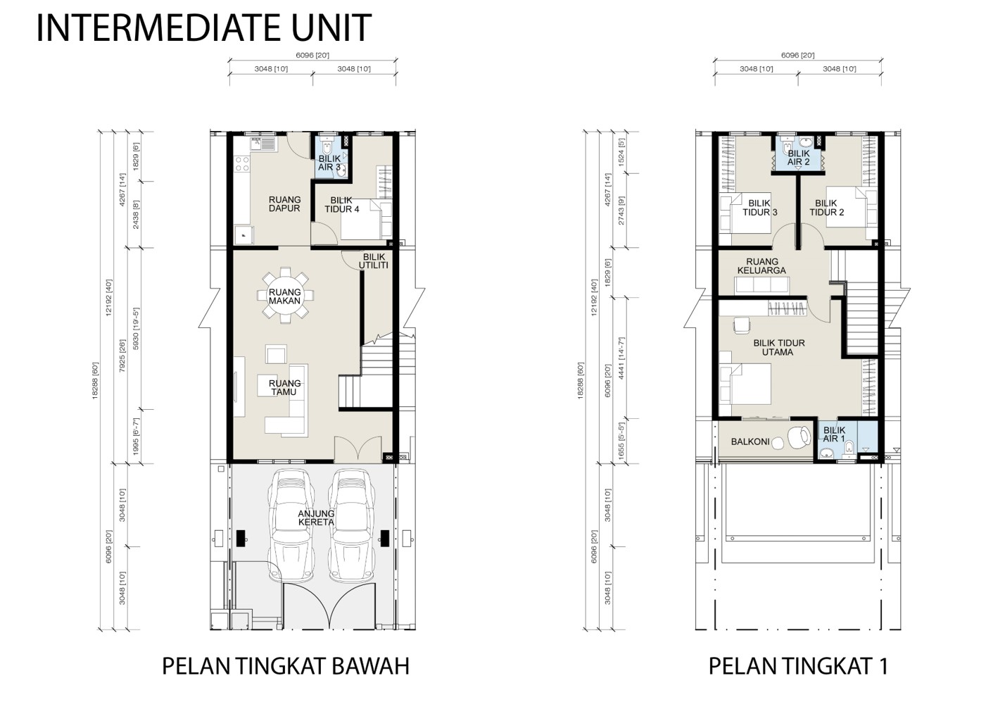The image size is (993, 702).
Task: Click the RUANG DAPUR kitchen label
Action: (x=284, y=204)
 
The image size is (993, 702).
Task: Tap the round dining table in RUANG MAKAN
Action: (x=285, y=296)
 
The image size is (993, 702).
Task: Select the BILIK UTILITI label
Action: (x=374, y=261)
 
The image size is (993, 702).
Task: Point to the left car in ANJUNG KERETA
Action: (x=292, y=523)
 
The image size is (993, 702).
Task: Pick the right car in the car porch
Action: (x=352, y=523)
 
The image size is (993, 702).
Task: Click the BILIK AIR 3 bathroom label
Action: (x=329, y=163)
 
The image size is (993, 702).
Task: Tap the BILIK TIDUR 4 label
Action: (x=341, y=205)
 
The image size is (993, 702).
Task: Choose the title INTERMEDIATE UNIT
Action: (x=203, y=28)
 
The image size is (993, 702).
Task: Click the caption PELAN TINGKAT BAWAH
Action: (x=286, y=666)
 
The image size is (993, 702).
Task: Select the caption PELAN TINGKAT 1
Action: (x=798, y=666)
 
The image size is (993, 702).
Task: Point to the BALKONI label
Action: (x=750, y=441)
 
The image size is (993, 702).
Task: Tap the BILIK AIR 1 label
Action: (x=834, y=434)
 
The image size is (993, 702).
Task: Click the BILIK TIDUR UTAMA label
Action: (x=779, y=348)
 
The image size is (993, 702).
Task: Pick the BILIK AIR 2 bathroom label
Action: (x=798, y=158)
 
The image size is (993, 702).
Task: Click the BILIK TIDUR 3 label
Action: (x=759, y=208)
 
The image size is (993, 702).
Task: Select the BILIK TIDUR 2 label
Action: (x=827, y=208)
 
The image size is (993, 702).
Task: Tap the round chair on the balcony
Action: (x=799, y=438)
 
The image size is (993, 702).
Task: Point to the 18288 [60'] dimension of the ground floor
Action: (x=95, y=380)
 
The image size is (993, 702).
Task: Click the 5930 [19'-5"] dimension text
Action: (x=136, y=329)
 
